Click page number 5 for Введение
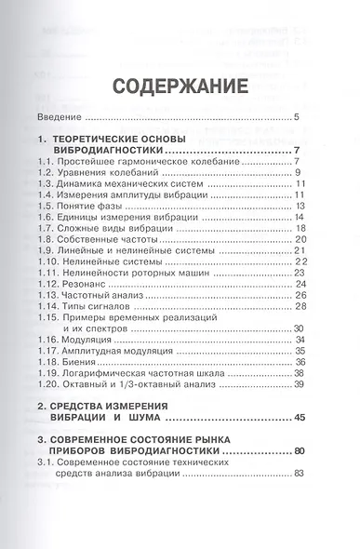pos(295,117)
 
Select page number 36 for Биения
pos(300,361)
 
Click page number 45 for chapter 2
pos(299,419)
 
